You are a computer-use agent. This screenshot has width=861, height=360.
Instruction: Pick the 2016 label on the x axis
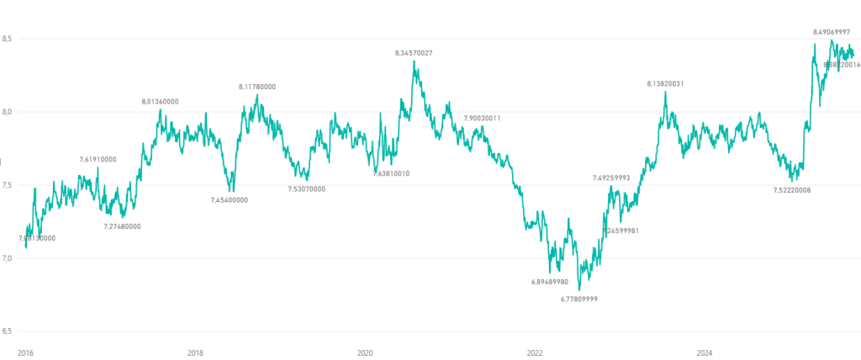(x=26, y=352)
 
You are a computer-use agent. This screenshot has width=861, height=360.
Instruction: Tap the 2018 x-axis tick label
(x=195, y=352)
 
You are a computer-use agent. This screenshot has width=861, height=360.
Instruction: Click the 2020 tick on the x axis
(x=365, y=352)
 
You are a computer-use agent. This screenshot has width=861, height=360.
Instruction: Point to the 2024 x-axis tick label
(x=705, y=352)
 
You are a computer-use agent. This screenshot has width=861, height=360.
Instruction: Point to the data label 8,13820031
(x=665, y=83)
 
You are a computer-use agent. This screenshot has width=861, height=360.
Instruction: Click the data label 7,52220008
(x=792, y=190)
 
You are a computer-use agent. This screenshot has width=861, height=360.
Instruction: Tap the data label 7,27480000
(x=122, y=226)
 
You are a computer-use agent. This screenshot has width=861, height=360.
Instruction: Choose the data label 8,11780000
(x=257, y=87)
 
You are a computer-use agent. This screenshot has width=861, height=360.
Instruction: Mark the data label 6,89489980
(x=550, y=282)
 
